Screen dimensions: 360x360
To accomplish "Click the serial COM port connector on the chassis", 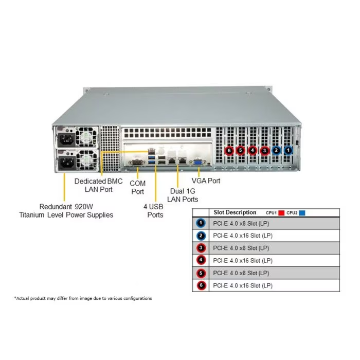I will point(136,163).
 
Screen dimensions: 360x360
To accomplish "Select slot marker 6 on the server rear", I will point(229,151).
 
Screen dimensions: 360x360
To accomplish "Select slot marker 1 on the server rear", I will point(288,151).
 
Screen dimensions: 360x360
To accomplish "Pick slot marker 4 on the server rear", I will point(253,151).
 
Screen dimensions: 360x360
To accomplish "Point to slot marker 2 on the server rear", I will point(276,151).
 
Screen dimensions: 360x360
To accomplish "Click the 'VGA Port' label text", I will point(206,181).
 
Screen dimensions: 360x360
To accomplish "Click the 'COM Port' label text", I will point(137,187).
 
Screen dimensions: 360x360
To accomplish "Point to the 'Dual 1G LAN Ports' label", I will point(184,195).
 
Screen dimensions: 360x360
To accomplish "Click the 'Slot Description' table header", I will point(235,212).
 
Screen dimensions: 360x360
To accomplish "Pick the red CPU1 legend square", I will point(281,212).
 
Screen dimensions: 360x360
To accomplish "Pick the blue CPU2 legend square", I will point(302,212).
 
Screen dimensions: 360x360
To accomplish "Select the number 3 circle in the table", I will point(201,248).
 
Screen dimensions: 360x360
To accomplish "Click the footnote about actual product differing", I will point(83,298).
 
